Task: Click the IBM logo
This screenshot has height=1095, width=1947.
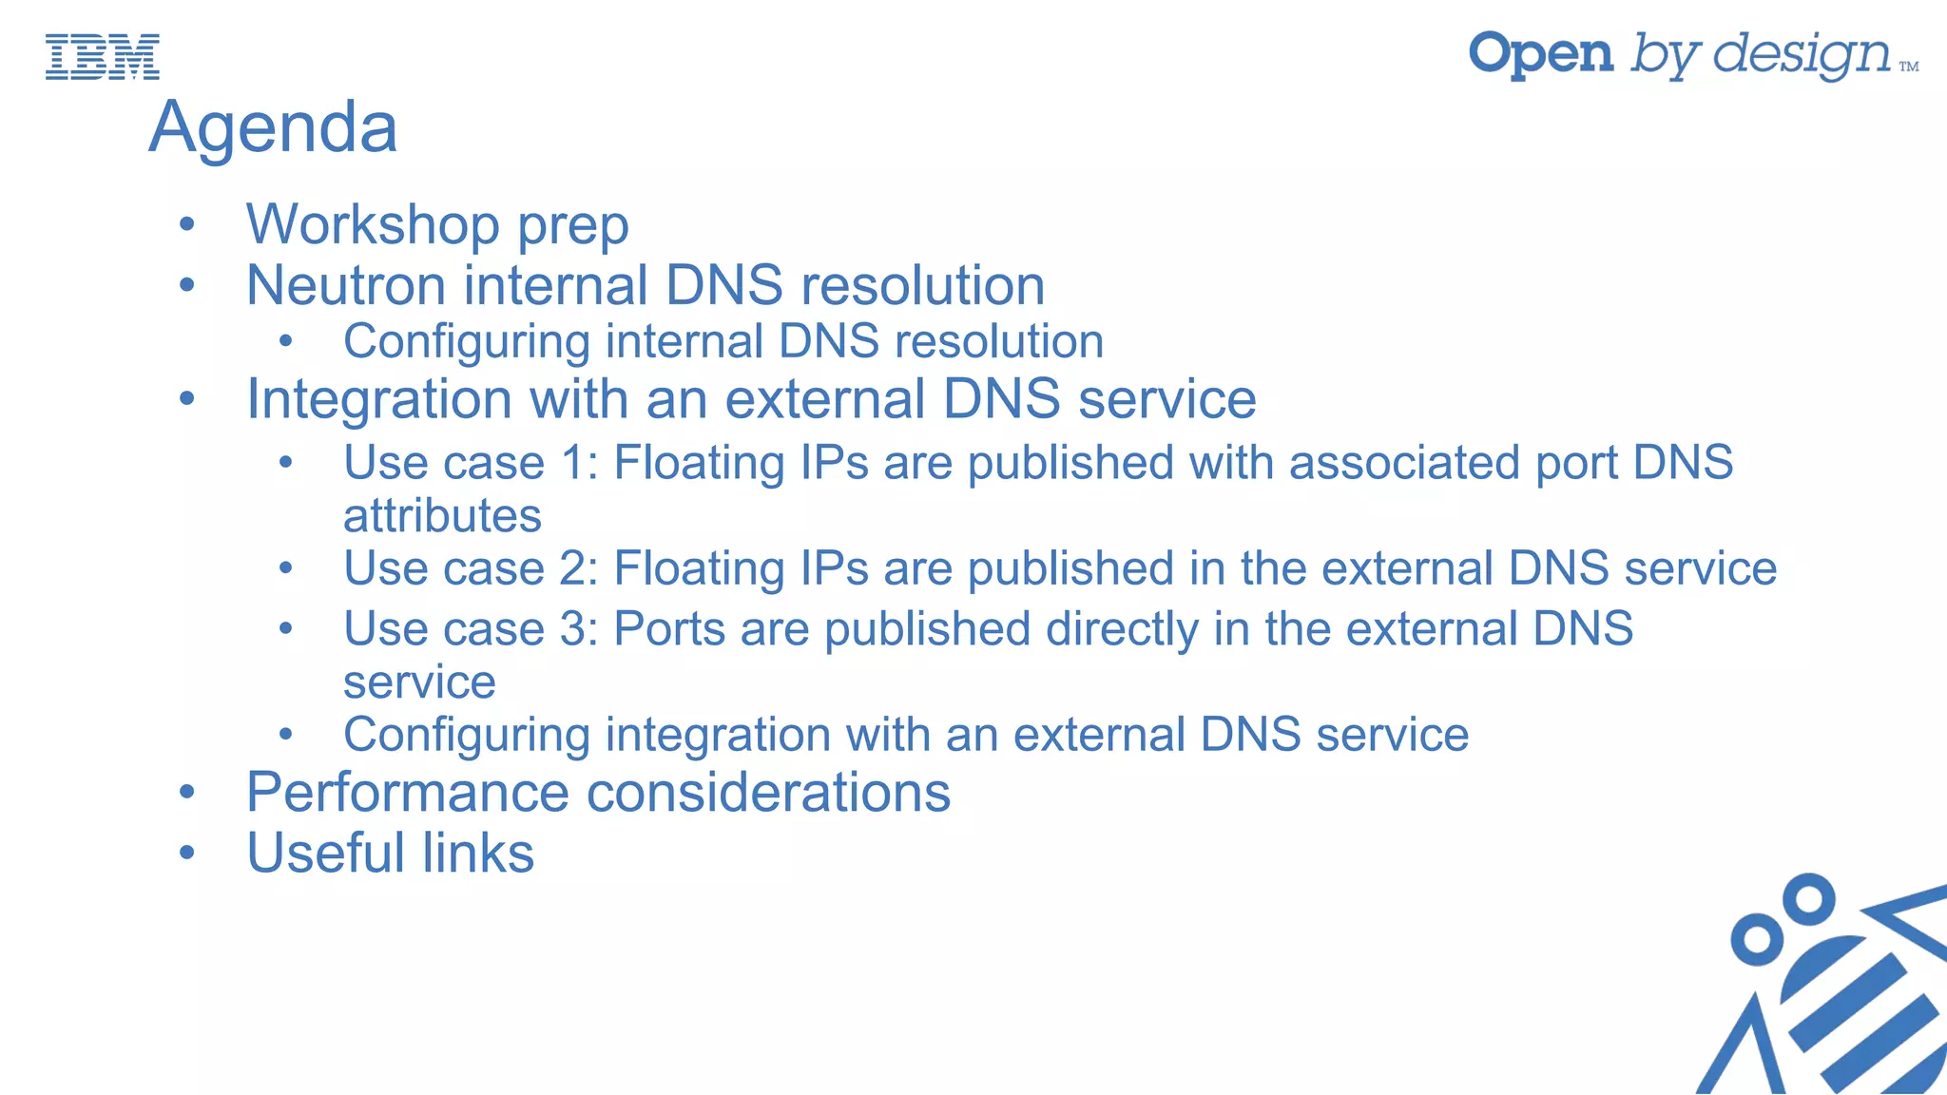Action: point(103,57)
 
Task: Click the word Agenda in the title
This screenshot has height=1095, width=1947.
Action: point(273,127)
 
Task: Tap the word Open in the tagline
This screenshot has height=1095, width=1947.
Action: point(1541,54)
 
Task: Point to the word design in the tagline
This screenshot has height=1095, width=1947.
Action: point(1802,56)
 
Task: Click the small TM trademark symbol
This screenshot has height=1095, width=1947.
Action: point(1908,67)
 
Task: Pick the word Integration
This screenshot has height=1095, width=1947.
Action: point(379,399)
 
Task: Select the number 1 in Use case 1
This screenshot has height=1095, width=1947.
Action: point(573,464)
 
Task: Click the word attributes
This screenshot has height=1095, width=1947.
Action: point(442,516)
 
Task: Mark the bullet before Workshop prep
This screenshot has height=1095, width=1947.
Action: point(187,225)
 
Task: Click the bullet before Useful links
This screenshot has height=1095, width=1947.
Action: point(187,853)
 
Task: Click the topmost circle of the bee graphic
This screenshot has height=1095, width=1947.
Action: point(1808,899)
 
